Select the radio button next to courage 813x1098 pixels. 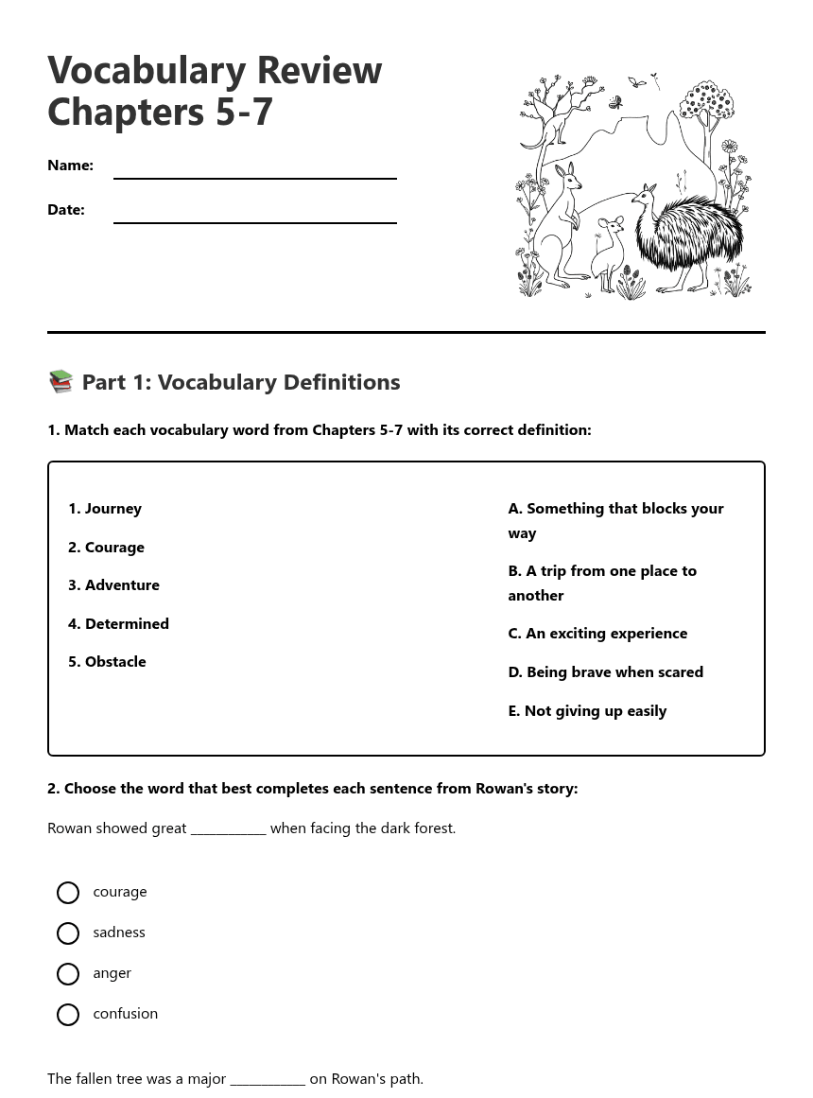tap(68, 893)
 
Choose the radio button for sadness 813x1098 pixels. tap(68, 933)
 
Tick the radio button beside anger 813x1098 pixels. tap(68, 974)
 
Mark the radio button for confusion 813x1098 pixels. tap(68, 1015)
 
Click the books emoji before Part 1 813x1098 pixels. tap(61, 381)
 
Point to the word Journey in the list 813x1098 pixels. tap(112, 509)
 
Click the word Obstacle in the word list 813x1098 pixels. tap(115, 662)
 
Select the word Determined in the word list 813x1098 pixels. tap(127, 624)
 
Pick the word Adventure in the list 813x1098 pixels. tap(122, 585)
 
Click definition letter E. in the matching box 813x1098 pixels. tap(514, 711)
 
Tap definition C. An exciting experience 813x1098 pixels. tap(597, 634)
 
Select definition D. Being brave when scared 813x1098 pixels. tap(605, 672)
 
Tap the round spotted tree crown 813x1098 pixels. tap(707, 99)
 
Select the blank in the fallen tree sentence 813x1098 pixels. tap(268, 1079)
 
